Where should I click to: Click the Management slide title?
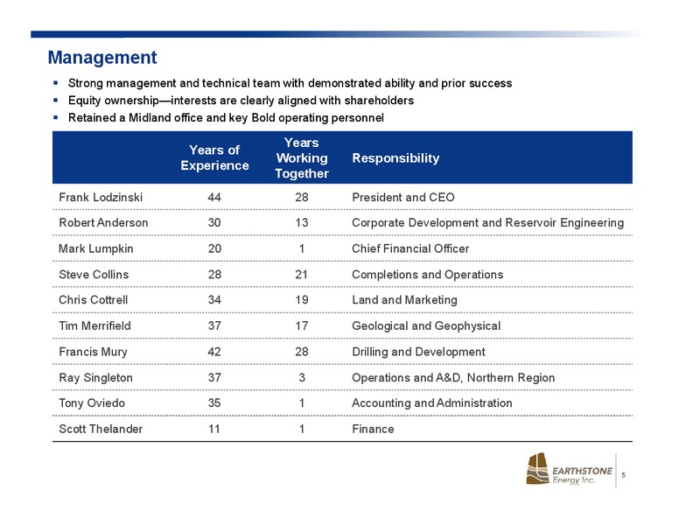(102, 58)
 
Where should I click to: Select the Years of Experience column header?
(214, 157)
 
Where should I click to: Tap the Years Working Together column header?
(302, 157)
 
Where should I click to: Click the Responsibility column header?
(395, 158)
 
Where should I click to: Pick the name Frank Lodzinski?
(101, 198)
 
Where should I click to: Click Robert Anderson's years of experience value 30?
(214, 222)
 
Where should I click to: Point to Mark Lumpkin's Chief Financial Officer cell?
(410, 248)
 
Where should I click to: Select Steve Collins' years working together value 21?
(301, 275)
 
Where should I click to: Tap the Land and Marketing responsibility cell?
(404, 300)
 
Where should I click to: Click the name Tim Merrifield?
(94, 325)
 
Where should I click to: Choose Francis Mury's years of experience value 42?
(214, 352)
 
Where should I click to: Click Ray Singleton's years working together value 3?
(302, 378)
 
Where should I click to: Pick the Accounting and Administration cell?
(431, 403)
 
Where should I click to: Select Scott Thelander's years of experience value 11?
(213, 430)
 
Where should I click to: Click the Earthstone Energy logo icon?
(537, 469)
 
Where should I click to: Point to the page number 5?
(624, 475)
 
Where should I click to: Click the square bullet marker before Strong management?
(55, 83)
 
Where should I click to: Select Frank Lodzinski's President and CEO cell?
(403, 198)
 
